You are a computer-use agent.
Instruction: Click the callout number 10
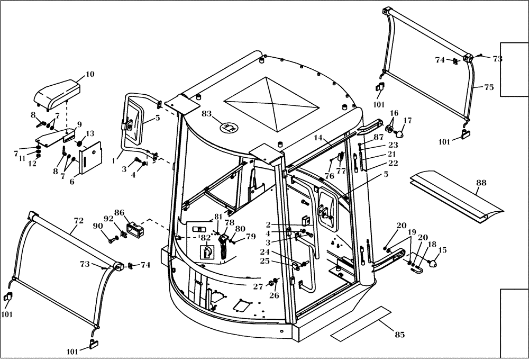90,74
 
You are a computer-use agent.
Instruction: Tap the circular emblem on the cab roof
229,127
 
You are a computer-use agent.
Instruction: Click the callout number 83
206,114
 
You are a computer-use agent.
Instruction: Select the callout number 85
399,335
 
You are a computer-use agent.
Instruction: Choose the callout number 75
489,87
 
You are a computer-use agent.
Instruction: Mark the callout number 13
89,133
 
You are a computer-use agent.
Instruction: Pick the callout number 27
258,286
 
